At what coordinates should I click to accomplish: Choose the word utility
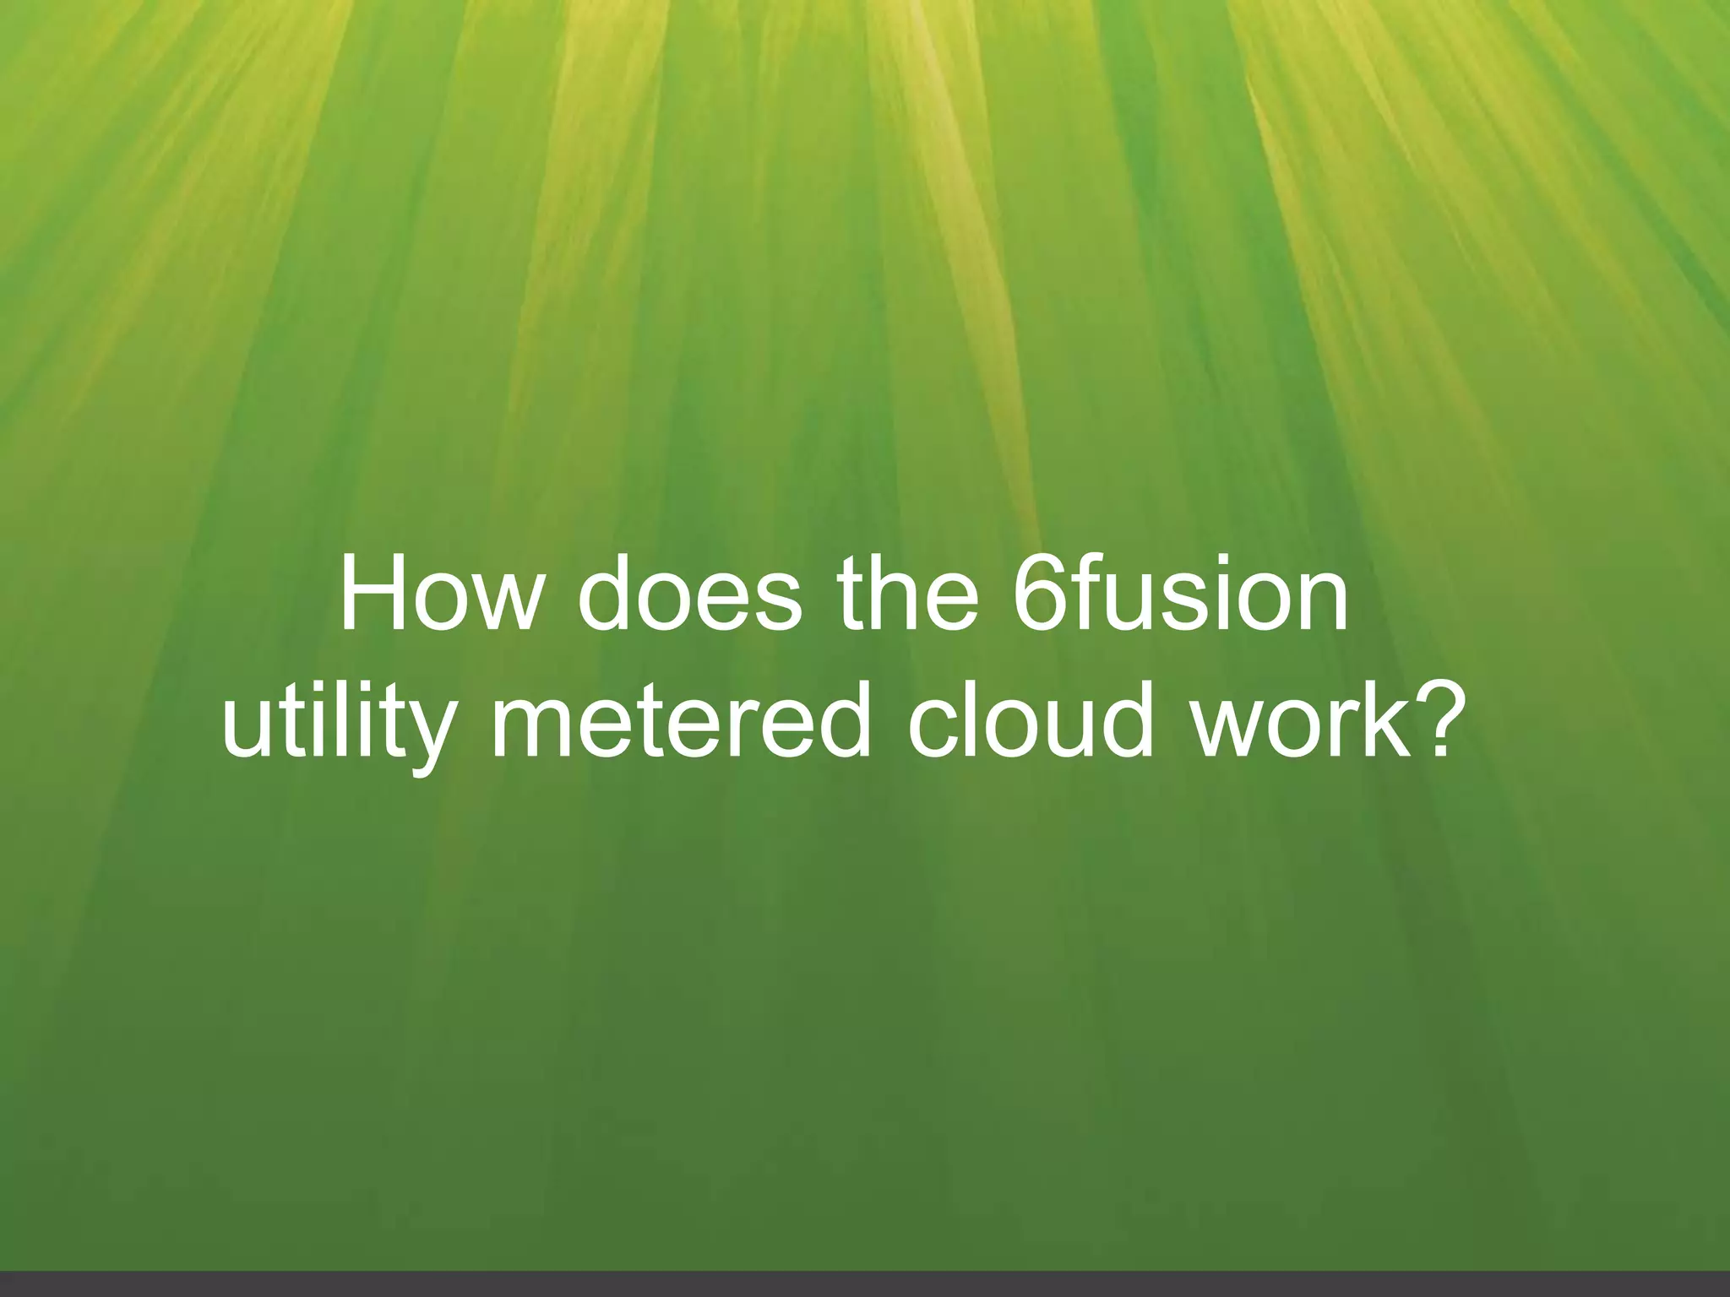[337, 726]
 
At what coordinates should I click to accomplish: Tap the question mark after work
[1431, 722]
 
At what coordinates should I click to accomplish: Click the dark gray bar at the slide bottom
[865, 1284]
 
